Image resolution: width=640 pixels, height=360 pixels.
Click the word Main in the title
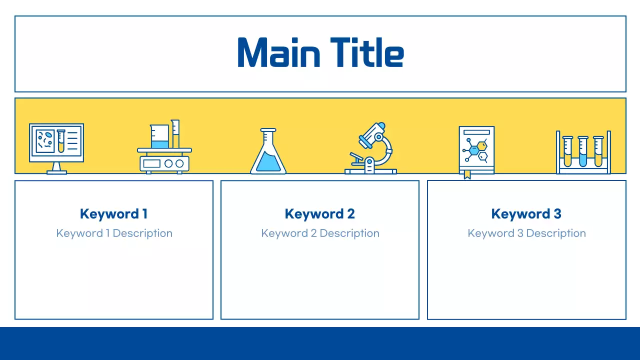pyautogui.click(x=278, y=52)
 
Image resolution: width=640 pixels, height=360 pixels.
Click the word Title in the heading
pyautogui.click(x=367, y=52)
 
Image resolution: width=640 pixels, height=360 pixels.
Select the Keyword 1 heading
pyautogui.click(x=113, y=214)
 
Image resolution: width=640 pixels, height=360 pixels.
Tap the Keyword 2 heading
pyautogui.click(x=319, y=214)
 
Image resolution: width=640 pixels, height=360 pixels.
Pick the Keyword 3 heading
pyautogui.click(x=526, y=214)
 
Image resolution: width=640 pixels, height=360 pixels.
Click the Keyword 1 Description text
pyautogui.click(x=114, y=233)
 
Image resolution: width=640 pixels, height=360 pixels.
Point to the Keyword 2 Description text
pyautogui.click(x=320, y=233)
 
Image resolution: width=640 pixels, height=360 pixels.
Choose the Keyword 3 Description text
pyautogui.click(x=527, y=233)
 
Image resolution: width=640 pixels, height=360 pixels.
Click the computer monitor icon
pyautogui.click(x=56, y=148)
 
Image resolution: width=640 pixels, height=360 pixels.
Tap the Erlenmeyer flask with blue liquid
pyautogui.click(x=268, y=151)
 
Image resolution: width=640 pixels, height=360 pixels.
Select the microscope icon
pyautogui.click(x=370, y=148)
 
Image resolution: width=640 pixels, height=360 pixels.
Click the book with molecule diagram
pyautogui.click(x=476, y=150)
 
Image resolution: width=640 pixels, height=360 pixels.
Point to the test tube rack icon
pyautogui.click(x=583, y=152)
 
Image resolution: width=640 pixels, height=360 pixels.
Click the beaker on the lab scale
pyautogui.click(x=159, y=136)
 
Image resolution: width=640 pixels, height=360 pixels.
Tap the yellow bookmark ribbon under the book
pyautogui.click(x=467, y=174)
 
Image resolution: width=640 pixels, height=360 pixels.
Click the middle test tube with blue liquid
pyautogui.click(x=583, y=151)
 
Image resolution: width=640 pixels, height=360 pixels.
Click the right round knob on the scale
pyautogui.click(x=179, y=163)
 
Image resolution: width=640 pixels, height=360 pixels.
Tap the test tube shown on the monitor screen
pyautogui.click(x=61, y=141)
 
